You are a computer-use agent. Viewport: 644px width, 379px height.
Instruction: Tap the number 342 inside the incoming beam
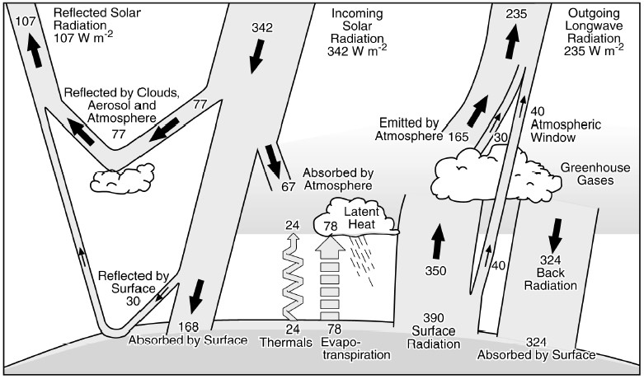[262, 27]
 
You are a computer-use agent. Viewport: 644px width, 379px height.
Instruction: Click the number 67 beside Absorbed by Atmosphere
[288, 186]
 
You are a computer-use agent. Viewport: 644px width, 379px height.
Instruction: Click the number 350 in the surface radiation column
[435, 270]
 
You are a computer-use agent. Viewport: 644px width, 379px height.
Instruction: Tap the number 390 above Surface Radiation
[435, 317]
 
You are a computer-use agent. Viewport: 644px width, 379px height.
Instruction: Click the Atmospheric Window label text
[566, 125]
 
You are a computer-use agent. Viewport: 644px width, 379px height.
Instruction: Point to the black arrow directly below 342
[256, 54]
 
